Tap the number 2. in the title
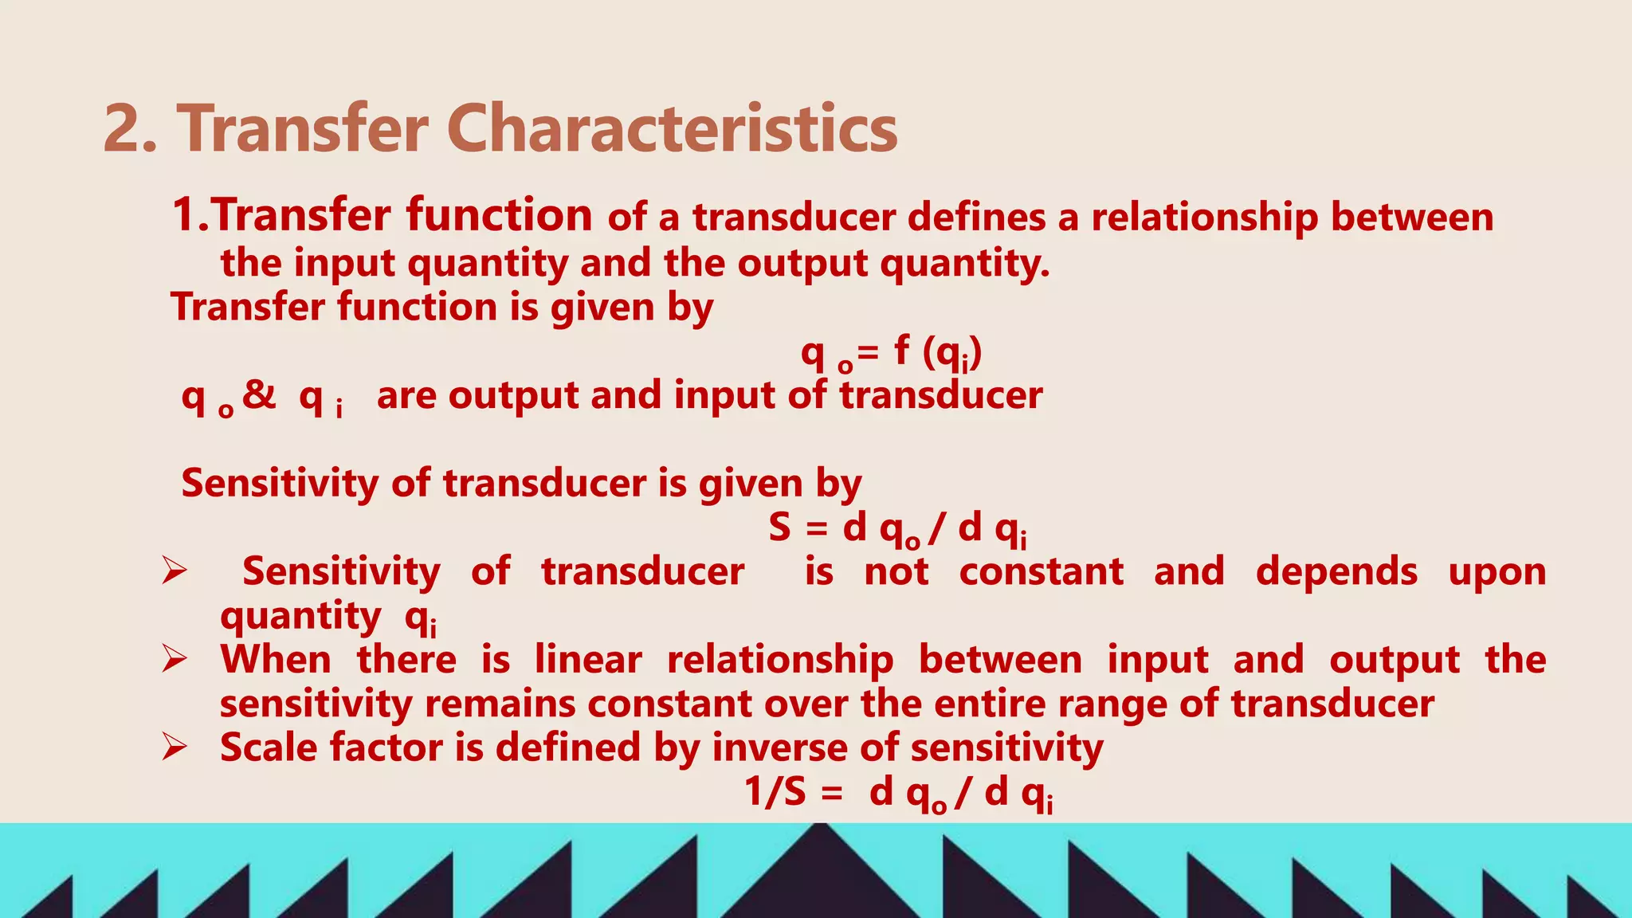[130, 129]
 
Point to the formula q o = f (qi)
[891, 352]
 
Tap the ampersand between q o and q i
[260, 394]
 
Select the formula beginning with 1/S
[899, 794]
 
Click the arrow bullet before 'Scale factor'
[175, 747]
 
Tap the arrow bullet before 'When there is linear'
[175, 660]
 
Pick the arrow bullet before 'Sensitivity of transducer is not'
[175, 571]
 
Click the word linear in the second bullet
[588, 660]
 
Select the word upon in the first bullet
[1497, 572]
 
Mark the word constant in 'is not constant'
[1041, 572]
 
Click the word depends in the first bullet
[1336, 572]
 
